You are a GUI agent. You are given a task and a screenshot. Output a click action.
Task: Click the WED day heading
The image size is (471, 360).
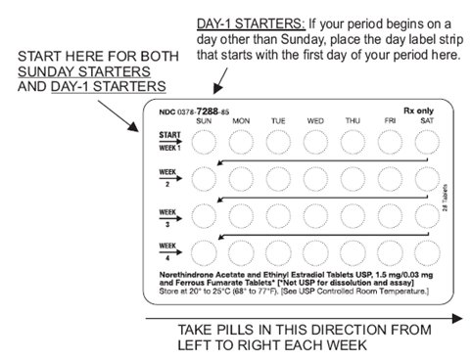(315, 121)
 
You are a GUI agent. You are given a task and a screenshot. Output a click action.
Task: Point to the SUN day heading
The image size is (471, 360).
(204, 121)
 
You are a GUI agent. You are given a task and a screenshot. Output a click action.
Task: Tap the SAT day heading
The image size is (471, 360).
(427, 121)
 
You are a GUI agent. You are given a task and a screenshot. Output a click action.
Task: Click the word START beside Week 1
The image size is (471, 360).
(169, 135)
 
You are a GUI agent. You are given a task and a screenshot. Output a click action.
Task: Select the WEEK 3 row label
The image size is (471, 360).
(167, 217)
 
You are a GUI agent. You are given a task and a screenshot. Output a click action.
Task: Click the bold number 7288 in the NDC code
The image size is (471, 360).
(207, 112)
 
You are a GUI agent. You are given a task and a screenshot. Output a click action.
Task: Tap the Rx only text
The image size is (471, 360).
(418, 111)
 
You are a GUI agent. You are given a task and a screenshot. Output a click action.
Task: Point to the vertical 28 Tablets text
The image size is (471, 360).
(445, 198)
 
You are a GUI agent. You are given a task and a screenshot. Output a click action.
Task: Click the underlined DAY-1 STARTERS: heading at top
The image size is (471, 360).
(251, 24)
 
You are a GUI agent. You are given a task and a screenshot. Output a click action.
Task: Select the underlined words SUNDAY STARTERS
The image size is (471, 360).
(84, 71)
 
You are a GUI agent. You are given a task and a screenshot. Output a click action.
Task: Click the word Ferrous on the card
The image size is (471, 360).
(192, 283)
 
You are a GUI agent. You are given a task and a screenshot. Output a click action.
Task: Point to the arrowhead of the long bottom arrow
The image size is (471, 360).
(457, 318)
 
